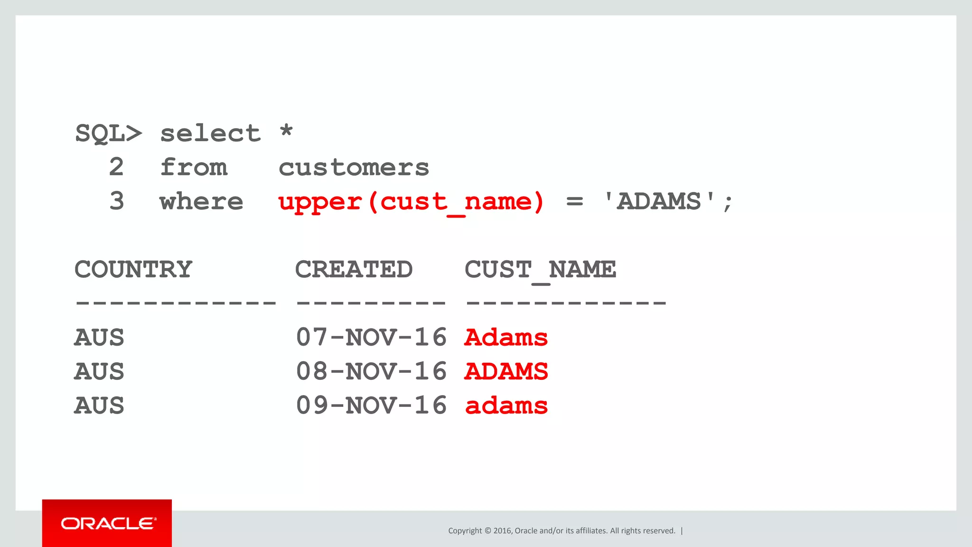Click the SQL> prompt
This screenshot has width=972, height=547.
(108, 133)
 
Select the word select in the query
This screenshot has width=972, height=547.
(210, 133)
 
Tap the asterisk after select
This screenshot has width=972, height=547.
(286, 131)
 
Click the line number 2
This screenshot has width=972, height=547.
(116, 167)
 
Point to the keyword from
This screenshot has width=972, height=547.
(194, 167)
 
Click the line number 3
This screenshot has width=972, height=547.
(116, 201)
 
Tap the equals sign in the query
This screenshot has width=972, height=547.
(574, 202)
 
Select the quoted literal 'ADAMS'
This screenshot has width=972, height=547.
(659, 201)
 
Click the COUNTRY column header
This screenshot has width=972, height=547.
(133, 270)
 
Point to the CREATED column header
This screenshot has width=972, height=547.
(354, 270)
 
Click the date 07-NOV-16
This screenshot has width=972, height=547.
(371, 338)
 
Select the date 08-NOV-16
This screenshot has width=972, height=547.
(371, 371)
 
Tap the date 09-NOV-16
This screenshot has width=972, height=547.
(371, 406)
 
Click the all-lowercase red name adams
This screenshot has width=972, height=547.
(506, 406)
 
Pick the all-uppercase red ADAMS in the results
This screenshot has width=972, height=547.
(506, 371)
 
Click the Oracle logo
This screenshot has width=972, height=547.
(107, 523)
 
